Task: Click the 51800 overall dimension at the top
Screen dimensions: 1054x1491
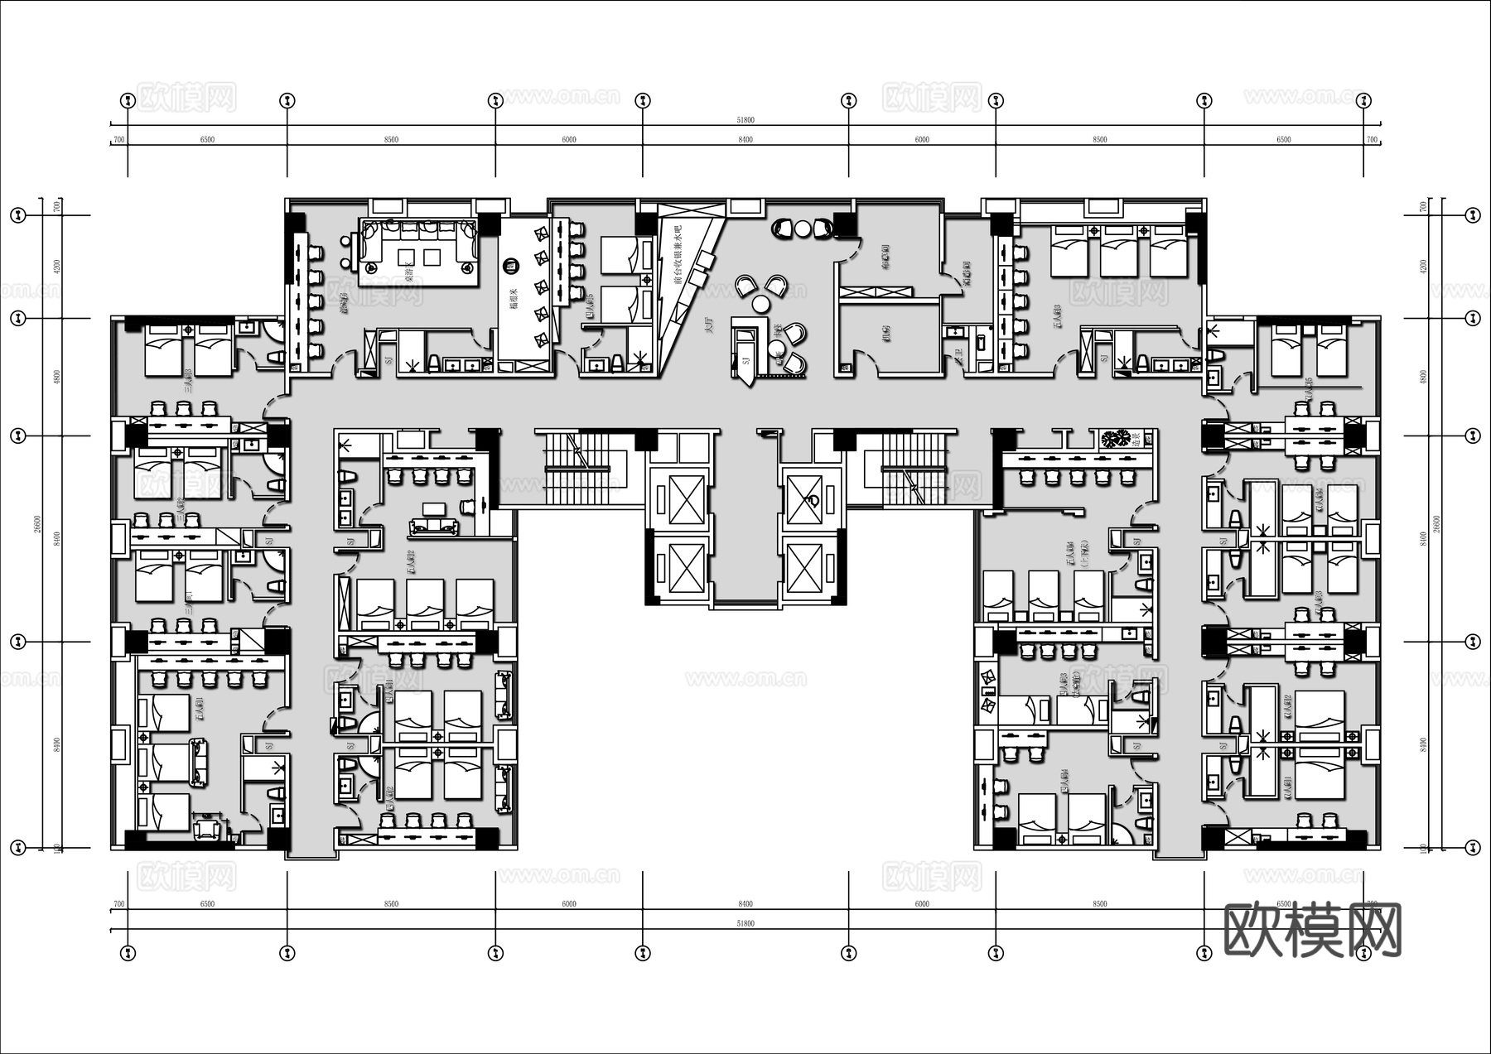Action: (745, 121)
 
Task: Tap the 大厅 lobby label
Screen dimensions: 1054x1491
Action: (708, 325)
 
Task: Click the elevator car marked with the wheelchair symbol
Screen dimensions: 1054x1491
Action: (810, 500)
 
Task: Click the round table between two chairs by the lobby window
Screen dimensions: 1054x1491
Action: (801, 228)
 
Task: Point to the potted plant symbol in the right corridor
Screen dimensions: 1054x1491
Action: (1116, 440)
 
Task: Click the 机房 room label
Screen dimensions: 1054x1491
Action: (886, 334)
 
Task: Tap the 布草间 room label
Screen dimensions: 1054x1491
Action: (885, 257)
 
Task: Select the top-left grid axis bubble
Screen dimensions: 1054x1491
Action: (128, 101)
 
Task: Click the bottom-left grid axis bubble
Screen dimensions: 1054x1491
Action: (128, 953)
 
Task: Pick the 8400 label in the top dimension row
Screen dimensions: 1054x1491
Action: (745, 140)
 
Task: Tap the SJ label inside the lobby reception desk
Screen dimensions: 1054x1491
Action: (745, 359)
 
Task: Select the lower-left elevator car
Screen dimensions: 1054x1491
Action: (678, 569)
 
